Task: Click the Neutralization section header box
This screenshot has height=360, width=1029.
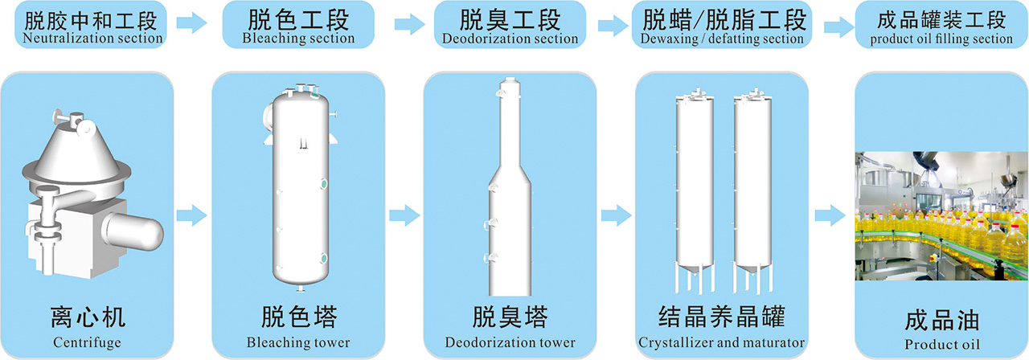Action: click(93, 25)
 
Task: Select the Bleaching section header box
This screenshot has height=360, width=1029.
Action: click(298, 25)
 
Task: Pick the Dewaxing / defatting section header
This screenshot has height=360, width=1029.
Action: click(722, 25)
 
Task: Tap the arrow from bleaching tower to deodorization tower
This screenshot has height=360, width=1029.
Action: click(404, 215)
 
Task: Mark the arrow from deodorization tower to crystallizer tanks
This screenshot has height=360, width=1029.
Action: click(616, 215)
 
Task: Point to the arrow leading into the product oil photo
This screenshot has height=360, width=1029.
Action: click(829, 215)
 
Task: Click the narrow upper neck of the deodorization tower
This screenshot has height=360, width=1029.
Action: click(510, 121)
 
